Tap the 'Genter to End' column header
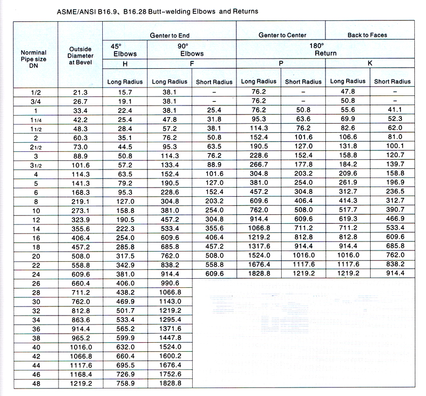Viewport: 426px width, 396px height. click(170, 35)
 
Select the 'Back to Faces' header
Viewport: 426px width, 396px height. click(367, 35)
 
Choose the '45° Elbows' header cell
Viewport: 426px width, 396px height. click(124, 50)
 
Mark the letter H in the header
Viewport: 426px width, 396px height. click(124, 64)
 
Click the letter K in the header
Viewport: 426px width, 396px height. click(370, 63)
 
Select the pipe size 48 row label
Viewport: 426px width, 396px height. click(36, 383)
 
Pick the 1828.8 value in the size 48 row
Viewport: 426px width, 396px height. click(170, 383)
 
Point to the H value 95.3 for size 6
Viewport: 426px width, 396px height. click(124, 192)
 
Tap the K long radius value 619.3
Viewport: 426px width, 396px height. click(348, 219)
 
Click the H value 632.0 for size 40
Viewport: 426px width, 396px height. click(124, 346)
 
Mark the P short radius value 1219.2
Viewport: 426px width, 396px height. click(303, 274)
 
